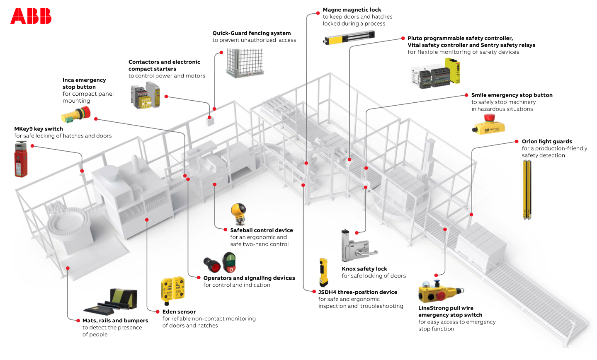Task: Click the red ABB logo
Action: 31,16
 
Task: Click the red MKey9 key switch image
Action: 20,159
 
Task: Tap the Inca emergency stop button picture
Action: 76,114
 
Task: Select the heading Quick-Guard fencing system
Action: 251,33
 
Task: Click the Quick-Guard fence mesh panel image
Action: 245,63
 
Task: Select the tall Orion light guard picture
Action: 527,189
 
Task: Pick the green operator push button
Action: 229,262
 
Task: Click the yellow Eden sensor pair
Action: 172,289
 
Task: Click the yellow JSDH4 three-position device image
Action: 323,272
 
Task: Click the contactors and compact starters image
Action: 145,95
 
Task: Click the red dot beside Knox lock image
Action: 357,233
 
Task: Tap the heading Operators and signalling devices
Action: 249,278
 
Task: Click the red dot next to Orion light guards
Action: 517,141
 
